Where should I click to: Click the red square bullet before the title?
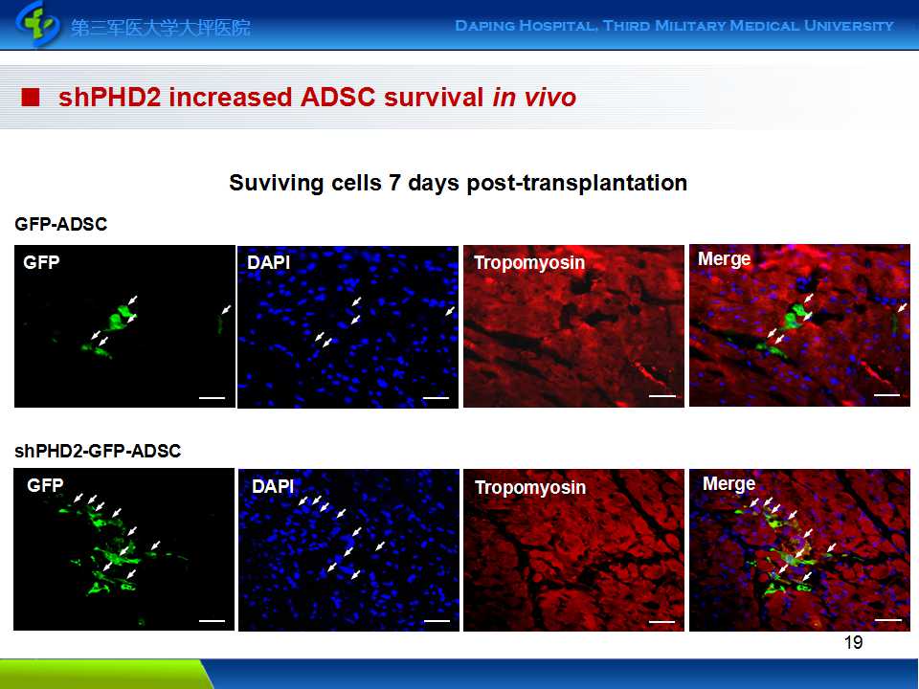30,98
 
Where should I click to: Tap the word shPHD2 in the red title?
109,98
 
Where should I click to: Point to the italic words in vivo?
534,98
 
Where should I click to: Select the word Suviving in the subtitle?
276,183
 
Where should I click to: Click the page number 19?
853,643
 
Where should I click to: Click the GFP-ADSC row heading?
61,224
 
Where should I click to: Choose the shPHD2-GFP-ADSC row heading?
98,451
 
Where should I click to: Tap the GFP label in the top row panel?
41,262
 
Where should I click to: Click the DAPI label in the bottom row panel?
273,486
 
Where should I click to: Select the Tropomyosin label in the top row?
529,262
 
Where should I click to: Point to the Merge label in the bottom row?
728,484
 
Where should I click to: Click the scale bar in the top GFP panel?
213,398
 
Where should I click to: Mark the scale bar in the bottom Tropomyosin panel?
661,622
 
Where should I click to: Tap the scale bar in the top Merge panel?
886,395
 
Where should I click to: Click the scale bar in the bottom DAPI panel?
437,621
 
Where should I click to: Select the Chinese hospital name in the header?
161,28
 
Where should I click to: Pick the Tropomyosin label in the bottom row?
529,487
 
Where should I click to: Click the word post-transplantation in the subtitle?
576,183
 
